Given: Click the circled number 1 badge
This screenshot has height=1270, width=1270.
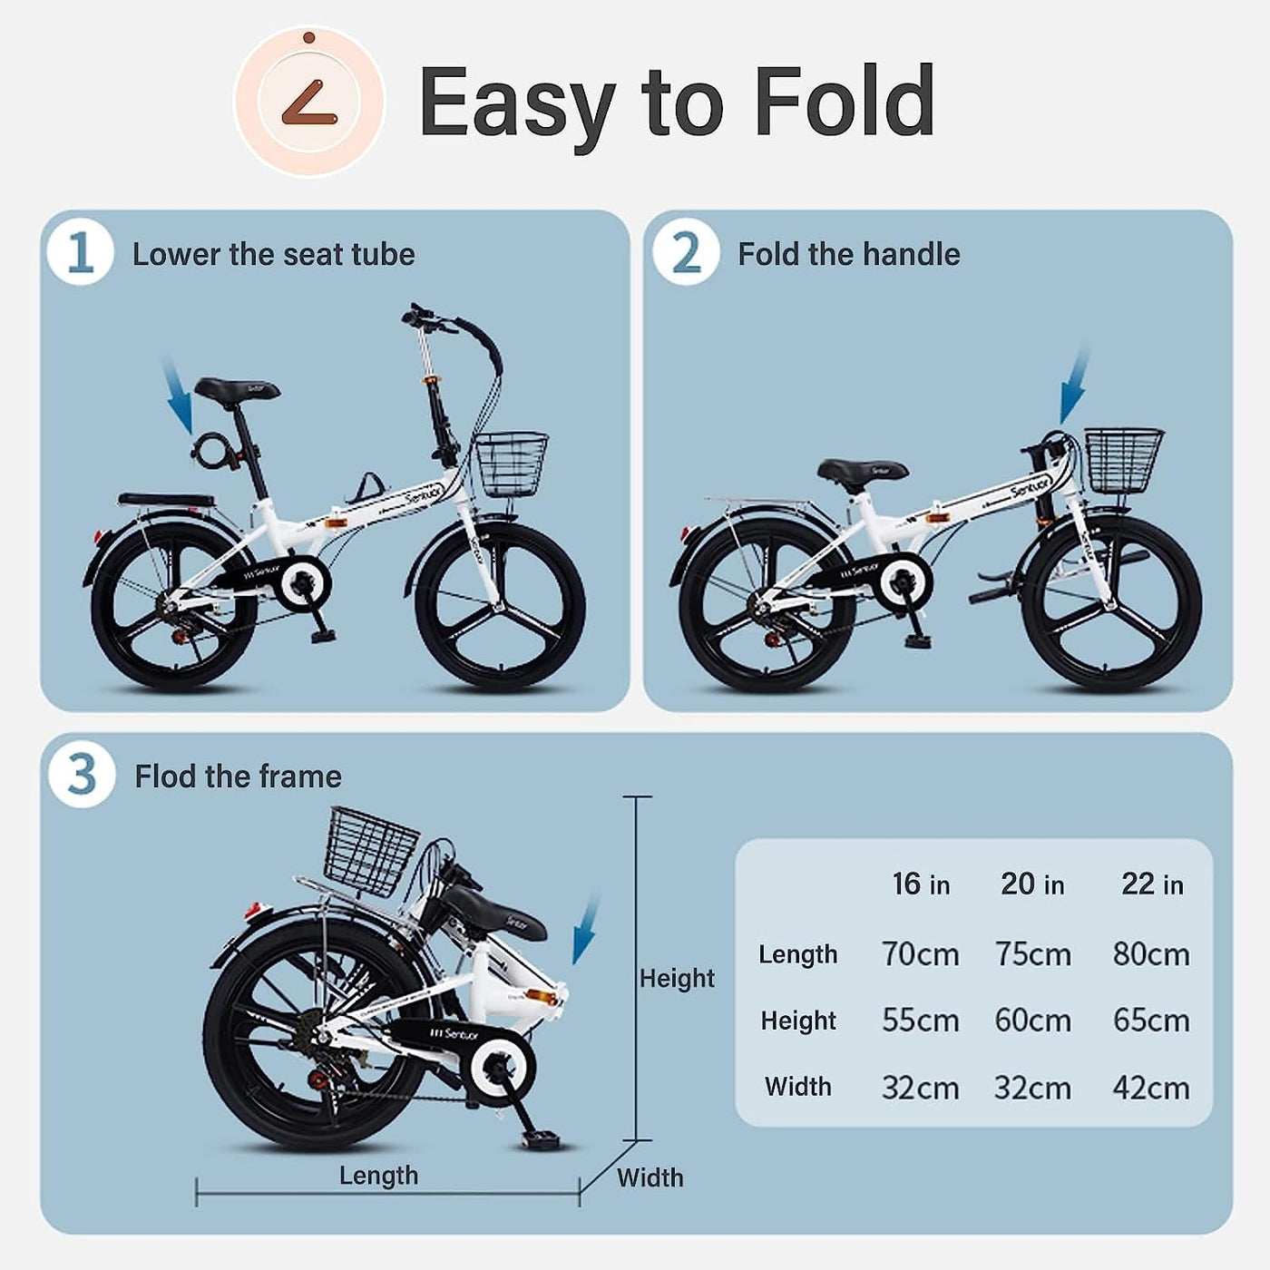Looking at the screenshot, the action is click(x=81, y=252).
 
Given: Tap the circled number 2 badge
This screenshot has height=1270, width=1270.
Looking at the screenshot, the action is click(x=686, y=252).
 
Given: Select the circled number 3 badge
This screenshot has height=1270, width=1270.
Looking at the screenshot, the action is click(x=82, y=775).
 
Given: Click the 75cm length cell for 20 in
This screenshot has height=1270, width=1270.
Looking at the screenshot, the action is click(x=1032, y=954).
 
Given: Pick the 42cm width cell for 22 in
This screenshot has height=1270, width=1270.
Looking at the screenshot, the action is click(x=1151, y=1088).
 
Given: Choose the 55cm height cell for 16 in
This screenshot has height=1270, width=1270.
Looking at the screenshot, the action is click(x=920, y=1021).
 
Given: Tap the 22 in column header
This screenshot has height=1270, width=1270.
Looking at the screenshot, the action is click(x=1152, y=884).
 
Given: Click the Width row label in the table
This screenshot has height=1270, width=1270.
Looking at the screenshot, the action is click(x=798, y=1087).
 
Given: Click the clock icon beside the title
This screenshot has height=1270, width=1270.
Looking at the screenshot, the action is click(x=309, y=103).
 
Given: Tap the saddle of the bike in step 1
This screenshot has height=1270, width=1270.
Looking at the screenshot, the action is click(x=238, y=389).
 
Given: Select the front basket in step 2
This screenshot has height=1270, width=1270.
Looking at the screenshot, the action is click(x=1124, y=461).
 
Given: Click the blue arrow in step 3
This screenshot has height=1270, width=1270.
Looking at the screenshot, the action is click(x=586, y=930).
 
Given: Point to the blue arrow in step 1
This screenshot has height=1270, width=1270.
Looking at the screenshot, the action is click(x=177, y=395).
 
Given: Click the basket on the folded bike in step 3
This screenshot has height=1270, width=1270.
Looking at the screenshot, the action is click(x=372, y=851).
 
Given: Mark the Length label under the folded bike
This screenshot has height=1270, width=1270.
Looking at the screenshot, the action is click(x=378, y=1176).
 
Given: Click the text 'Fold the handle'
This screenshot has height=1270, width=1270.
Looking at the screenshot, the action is click(x=849, y=254).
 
